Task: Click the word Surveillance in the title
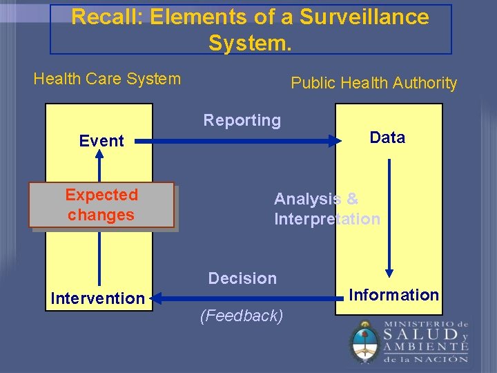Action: tap(370, 17)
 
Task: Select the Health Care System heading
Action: tap(107, 79)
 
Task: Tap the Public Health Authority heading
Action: tap(373, 83)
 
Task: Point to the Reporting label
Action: tap(242, 120)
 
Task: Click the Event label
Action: tap(101, 141)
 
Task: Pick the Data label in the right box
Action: tap(387, 137)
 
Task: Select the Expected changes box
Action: tap(101, 205)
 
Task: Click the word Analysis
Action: tap(306, 199)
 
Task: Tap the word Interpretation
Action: tap(327, 219)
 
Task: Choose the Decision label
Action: tap(242, 278)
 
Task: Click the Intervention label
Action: tap(97, 298)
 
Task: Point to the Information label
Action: tap(393, 295)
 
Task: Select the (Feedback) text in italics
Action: tap(241, 316)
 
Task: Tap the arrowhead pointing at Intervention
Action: tap(155, 298)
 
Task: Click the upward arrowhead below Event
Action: tap(99, 156)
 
